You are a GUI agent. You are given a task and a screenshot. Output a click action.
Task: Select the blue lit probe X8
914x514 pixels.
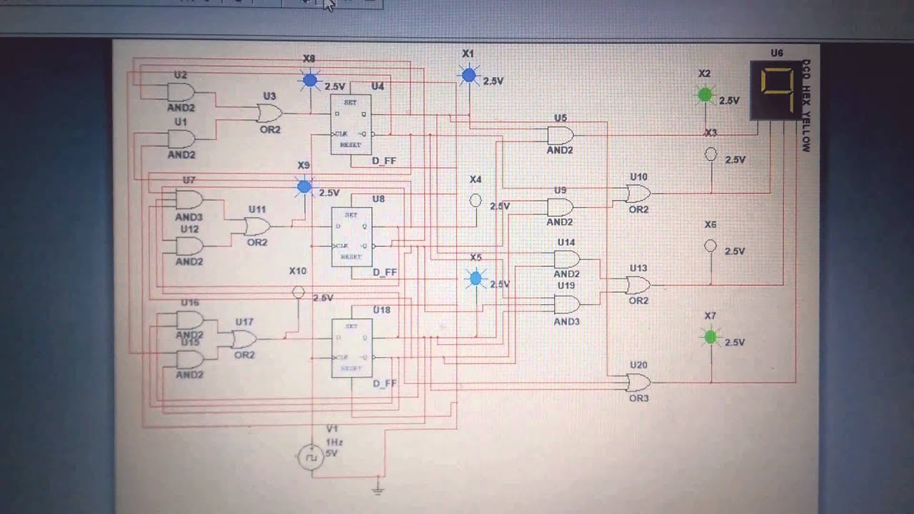[x=310, y=81]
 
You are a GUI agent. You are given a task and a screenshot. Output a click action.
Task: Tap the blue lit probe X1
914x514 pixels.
[x=468, y=75]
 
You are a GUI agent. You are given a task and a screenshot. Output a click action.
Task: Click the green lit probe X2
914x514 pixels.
[x=705, y=94]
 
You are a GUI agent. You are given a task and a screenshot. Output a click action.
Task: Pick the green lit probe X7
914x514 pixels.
[x=710, y=337]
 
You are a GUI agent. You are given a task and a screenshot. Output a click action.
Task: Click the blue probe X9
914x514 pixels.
[x=304, y=187]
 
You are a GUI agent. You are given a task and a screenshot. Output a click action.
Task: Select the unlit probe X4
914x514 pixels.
[x=476, y=201]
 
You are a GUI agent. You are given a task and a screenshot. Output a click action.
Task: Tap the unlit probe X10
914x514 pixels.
[x=298, y=292]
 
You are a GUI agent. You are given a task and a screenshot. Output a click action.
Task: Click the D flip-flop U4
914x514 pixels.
[x=351, y=124]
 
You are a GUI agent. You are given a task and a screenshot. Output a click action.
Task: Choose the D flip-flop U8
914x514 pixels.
[x=351, y=236]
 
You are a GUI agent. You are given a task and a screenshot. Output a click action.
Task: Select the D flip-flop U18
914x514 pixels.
[x=351, y=348]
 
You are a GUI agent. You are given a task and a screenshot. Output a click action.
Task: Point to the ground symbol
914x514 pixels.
[x=379, y=489]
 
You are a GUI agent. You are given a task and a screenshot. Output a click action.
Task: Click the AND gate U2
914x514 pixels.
[x=180, y=92]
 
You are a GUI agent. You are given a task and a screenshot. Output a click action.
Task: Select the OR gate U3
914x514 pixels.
[x=269, y=113]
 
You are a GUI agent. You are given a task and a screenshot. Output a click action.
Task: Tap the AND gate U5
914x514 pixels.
[x=560, y=135]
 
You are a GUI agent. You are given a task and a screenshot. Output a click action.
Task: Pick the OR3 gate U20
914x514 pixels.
[x=638, y=383]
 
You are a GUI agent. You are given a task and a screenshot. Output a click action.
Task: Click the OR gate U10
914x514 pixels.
[x=638, y=193]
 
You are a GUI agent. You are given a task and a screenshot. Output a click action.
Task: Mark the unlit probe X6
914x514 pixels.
[x=710, y=246]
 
